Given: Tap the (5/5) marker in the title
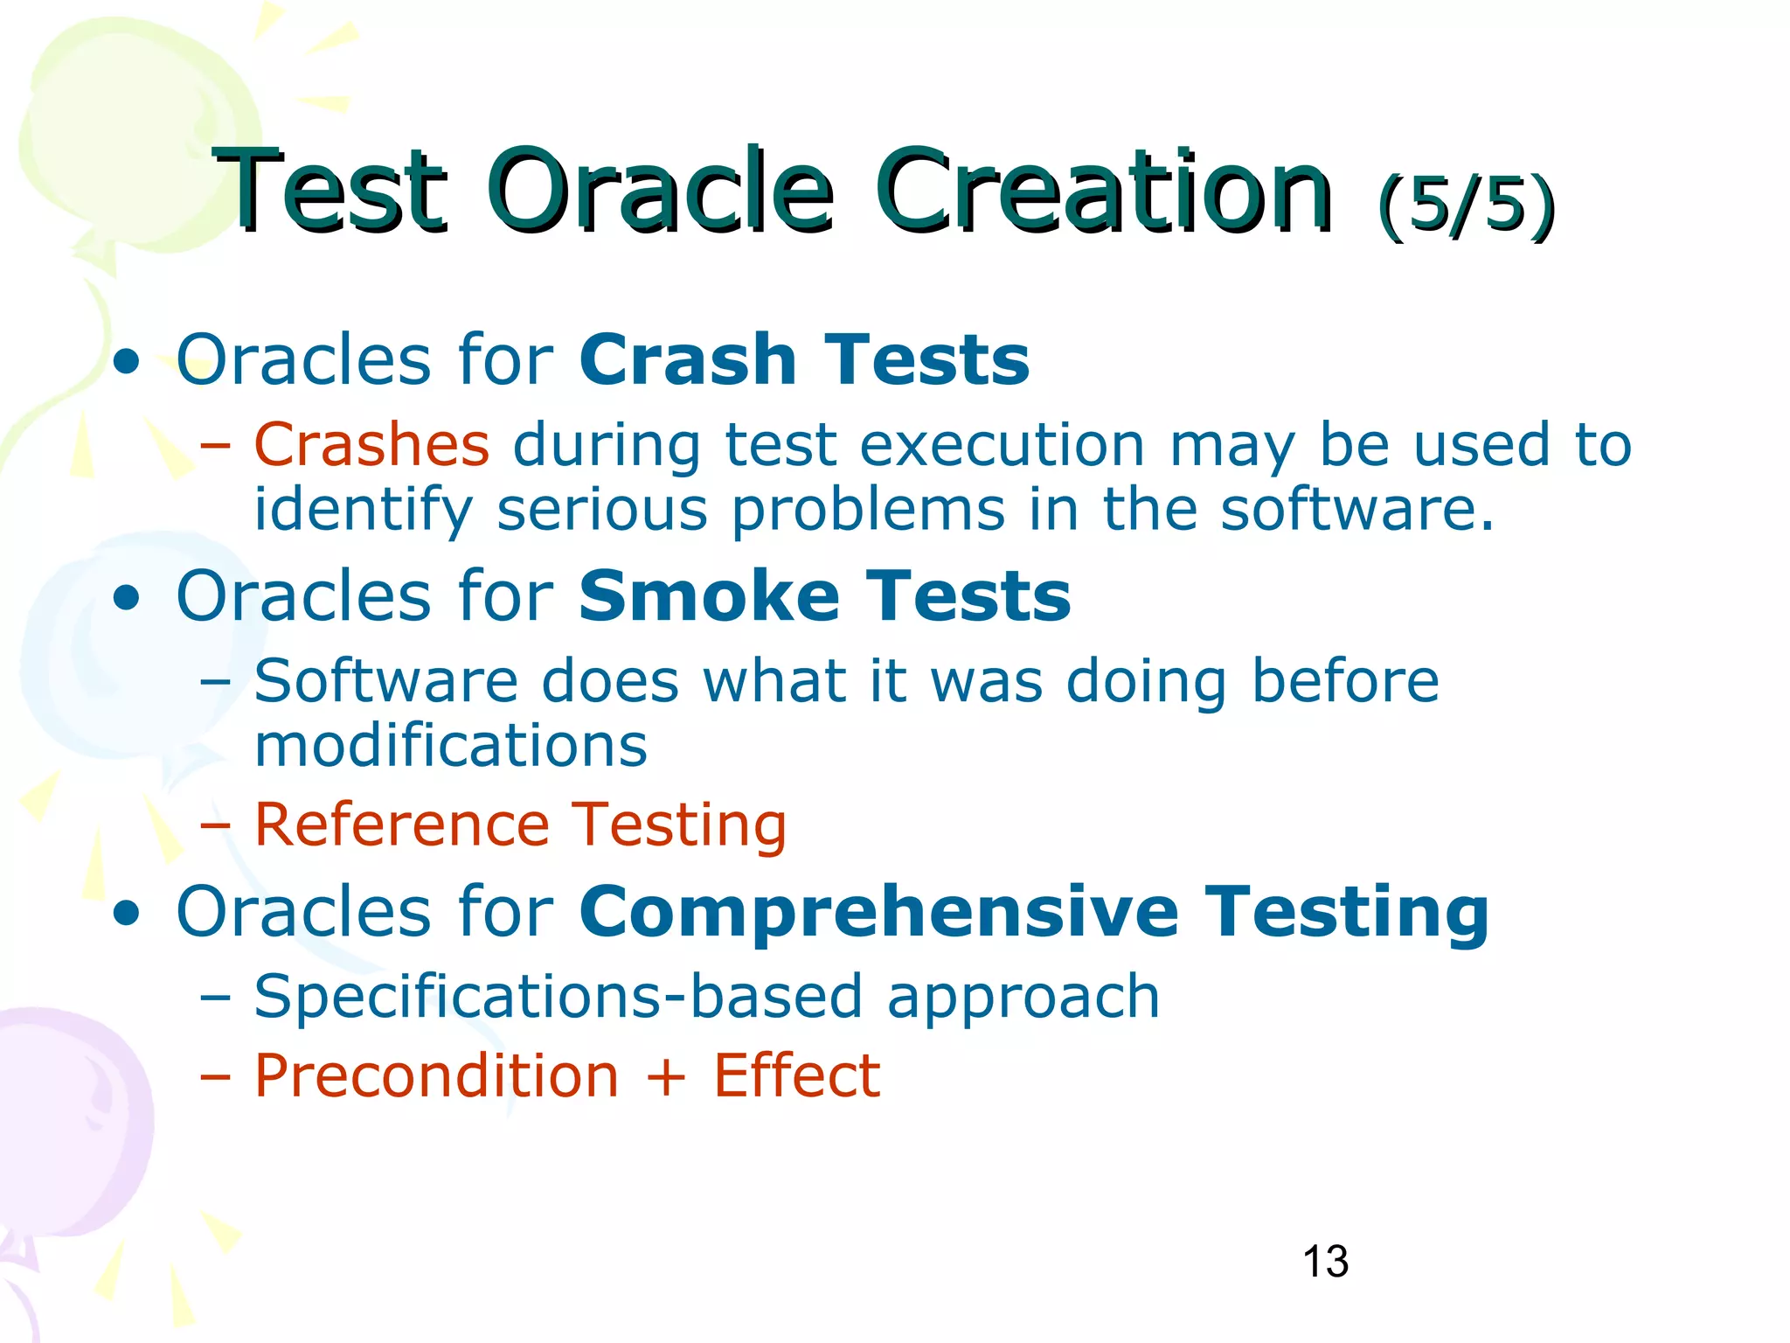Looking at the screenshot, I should [1466, 205].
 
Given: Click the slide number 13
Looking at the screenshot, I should [1325, 1262].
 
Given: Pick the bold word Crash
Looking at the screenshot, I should [687, 359].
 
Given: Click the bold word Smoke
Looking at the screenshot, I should [708, 595].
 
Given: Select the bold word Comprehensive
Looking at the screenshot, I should [878, 912].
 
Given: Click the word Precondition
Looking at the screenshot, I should [436, 1075].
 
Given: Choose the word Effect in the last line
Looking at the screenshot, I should [796, 1075].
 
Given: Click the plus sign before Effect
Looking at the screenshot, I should [666, 1077].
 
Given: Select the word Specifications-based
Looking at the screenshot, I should [558, 996].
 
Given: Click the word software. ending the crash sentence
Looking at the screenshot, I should [1357, 510].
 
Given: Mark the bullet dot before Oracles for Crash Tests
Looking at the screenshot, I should [127, 362].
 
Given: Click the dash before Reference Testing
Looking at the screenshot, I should [215, 826].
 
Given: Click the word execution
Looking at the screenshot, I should [1002, 445].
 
